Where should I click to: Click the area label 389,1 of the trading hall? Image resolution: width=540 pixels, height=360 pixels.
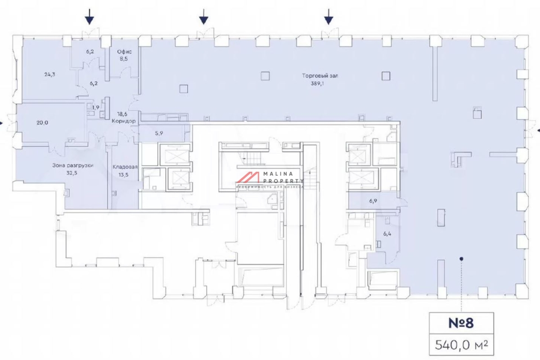coord(317,84)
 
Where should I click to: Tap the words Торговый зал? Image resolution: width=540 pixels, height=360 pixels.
coord(320,76)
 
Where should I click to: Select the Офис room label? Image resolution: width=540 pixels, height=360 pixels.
coord(124,52)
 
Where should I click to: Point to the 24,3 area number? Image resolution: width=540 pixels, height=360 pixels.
coord(49,75)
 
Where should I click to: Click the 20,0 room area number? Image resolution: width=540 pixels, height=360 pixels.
coord(42,123)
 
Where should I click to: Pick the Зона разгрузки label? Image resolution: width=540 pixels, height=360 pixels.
coord(73,166)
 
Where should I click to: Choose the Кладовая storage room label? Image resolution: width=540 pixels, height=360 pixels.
coord(125,167)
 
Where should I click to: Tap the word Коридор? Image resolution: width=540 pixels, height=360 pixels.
coord(124,121)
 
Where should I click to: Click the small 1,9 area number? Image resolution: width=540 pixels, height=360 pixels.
coord(96,108)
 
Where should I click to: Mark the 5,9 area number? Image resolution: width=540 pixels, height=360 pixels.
coord(159,133)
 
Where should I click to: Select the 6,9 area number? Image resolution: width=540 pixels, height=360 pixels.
coord(373,201)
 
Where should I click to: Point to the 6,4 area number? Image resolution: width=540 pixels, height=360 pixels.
coord(387,234)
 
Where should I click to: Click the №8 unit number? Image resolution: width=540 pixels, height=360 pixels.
coord(461,323)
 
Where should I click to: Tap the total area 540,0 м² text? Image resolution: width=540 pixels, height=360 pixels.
coord(461,345)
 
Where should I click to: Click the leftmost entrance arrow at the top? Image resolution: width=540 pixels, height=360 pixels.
coord(90,17)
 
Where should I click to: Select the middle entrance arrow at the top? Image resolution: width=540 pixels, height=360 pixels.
coord(204,17)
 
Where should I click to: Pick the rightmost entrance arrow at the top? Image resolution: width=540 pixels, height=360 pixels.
coord(328,17)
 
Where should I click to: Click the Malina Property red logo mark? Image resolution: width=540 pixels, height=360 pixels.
coord(248,178)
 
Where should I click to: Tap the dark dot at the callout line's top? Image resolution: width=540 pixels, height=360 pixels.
coord(461,259)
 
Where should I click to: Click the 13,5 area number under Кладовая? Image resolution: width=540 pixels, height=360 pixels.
coord(123,175)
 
